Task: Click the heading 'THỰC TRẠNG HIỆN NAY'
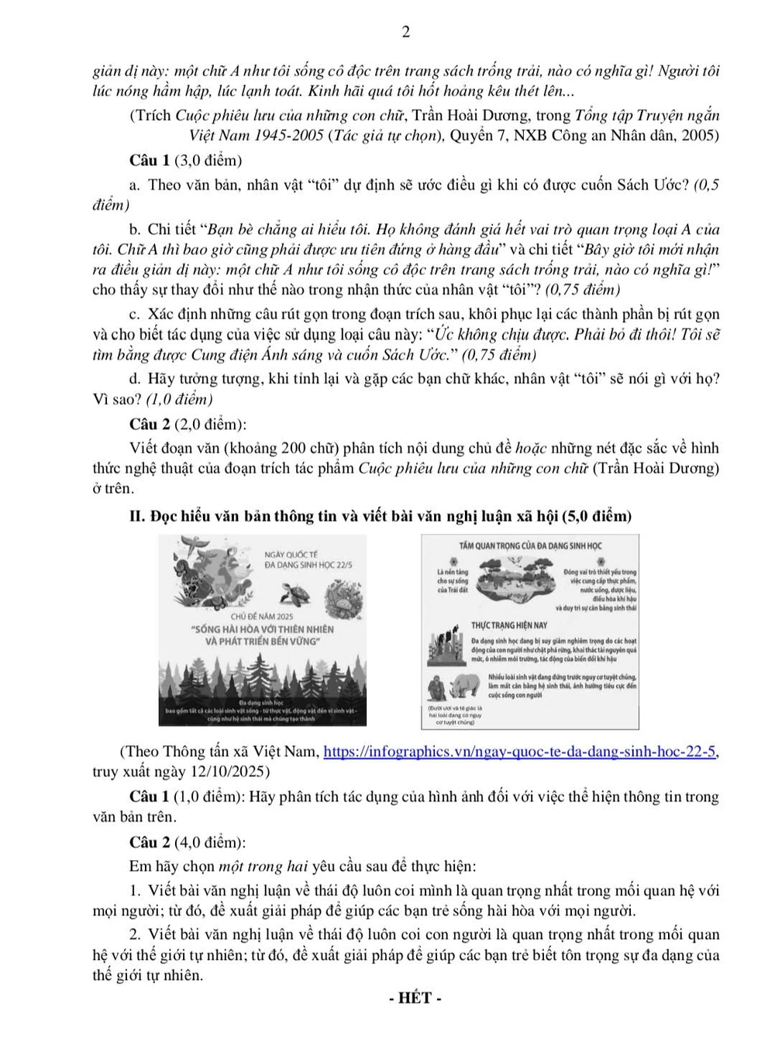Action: point(509,625)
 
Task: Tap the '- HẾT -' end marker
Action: point(415,998)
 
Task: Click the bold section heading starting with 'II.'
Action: point(380,516)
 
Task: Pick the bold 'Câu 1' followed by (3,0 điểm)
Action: point(150,161)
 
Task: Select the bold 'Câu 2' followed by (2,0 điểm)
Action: point(150,424)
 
